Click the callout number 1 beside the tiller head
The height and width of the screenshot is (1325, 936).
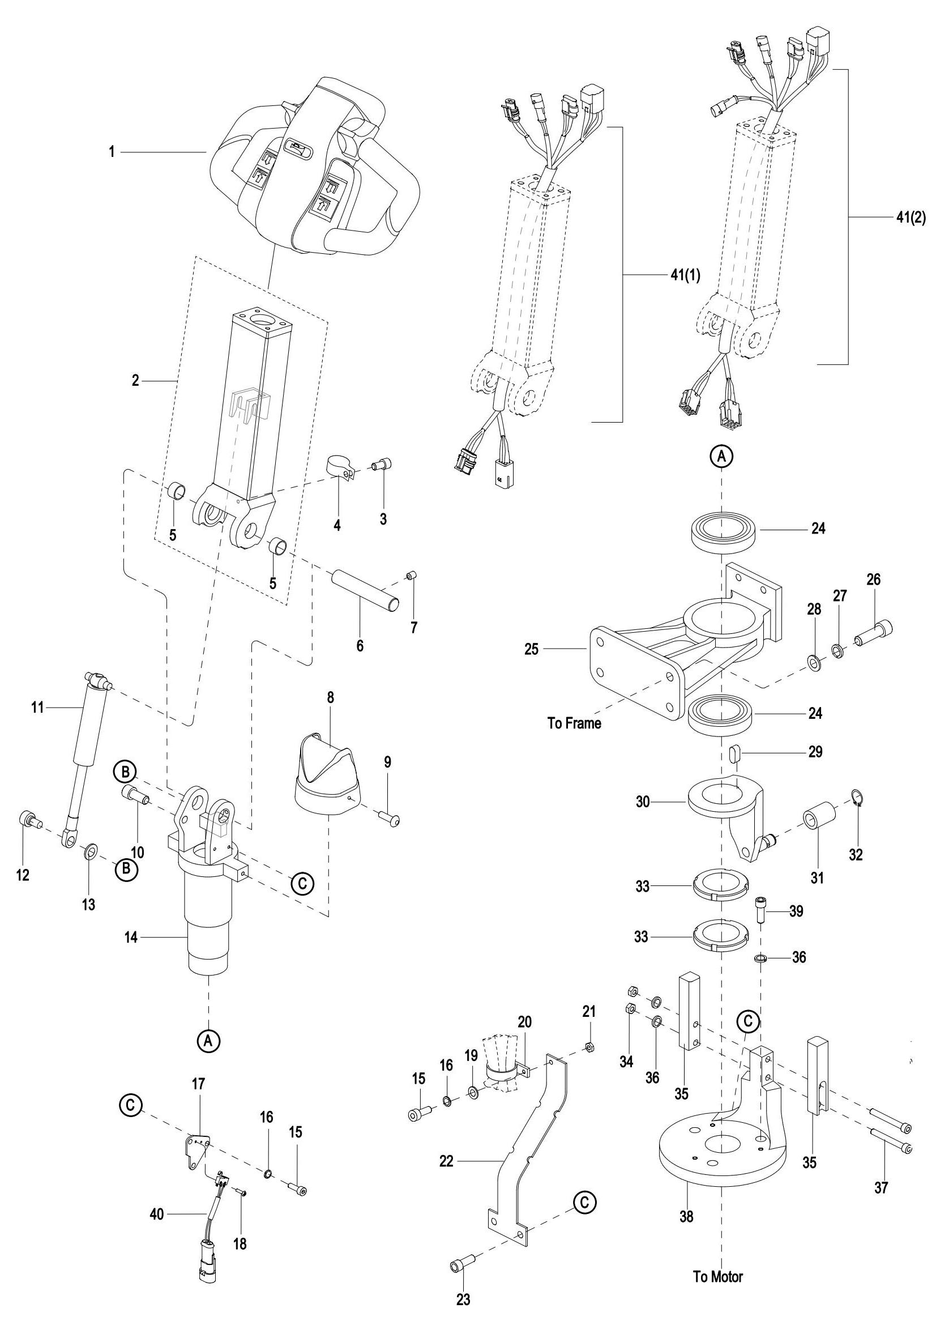pos(112,152)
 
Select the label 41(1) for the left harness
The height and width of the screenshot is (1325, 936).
pos(685,275)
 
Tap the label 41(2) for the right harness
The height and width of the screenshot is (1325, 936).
pos(911,218)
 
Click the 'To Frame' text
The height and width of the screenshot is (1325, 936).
pos(574,723)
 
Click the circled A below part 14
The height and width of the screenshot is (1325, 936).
pos(209,1040)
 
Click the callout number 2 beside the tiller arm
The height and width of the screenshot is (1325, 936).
pos(135,381)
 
